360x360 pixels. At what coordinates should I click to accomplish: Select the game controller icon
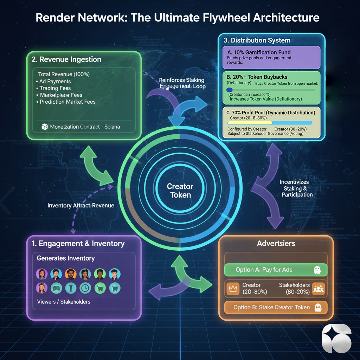(x=56, y=288)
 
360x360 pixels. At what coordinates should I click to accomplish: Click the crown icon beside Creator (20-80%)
(x=232, y=289)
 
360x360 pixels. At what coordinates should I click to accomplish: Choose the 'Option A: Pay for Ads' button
(x=276, y=270)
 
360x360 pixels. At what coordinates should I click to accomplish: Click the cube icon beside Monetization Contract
(x=45, y=127)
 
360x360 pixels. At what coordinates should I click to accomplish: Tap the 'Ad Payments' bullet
(x=55, y=81)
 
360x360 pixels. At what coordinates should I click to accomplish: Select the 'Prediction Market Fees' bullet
(x=67, y=102)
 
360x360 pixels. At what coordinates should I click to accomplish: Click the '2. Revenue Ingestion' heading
(x=66, y=59)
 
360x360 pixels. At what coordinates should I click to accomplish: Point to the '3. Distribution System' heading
(x=257, y=40)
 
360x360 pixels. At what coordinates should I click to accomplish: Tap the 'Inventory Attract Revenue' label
(x=81, y=205)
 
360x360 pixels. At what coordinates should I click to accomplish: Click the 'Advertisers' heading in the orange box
(x=276, y=244)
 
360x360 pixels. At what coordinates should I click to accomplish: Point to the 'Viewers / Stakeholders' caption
(x=63, y=302)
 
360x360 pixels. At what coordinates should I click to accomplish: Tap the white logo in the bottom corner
(x=336, y=338)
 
